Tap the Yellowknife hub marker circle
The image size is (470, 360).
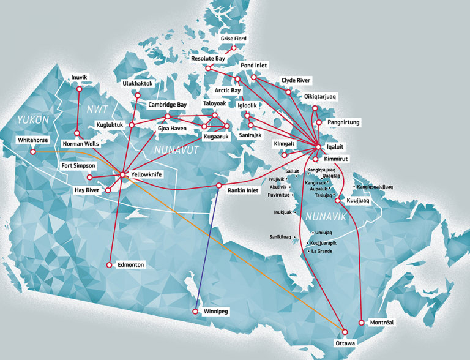(x=123, y=175)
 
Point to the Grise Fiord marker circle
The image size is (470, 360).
(x=233, y=47)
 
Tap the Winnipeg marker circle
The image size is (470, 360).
(x=195, y=312)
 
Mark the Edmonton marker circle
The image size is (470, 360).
(x=109, y=265)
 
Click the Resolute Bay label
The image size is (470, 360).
(x=208, y=58)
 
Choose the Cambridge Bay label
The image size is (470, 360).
(x=167, y=105)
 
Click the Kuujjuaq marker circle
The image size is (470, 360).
(x=337, y=200)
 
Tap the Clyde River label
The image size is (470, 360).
(x=296, y=80)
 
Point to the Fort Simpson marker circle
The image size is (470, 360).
(x=89, y=178)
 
